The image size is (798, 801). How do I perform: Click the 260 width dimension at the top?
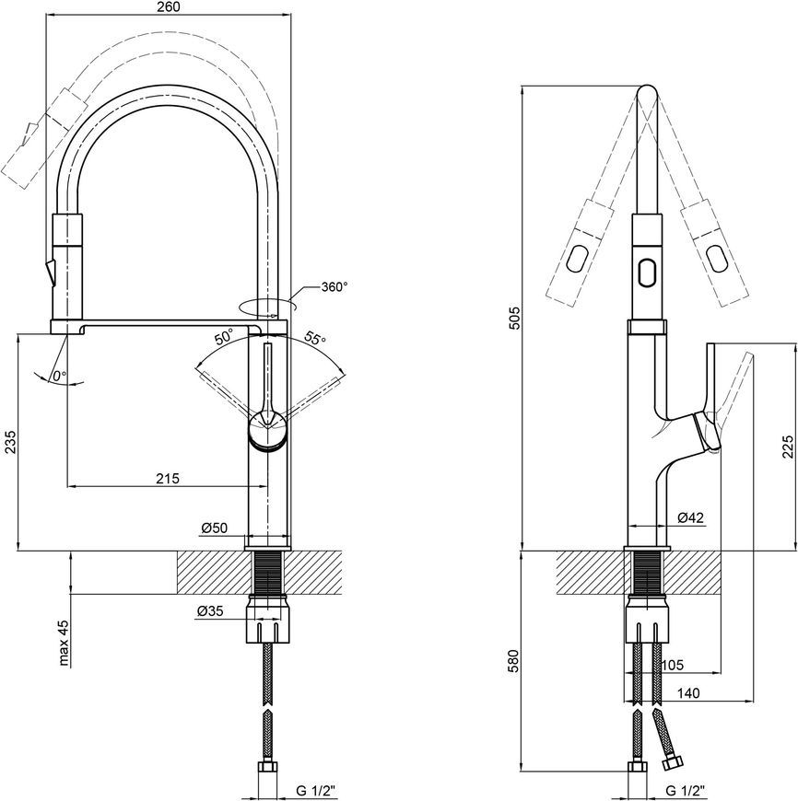pyautogui.click(x=169, y=6)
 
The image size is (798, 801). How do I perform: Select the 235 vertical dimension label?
pyautogui.click(x=10, y=442)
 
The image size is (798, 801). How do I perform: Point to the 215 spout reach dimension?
pyautogui.click(x=168, y=478)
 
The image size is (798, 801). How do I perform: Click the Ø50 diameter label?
pyautogui.click(x=214, y=528)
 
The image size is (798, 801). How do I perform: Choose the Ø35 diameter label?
pyautogui.click(x=210, y=610)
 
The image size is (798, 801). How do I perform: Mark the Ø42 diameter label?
pyautogui.click(x=690, y=517)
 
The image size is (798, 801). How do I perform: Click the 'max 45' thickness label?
pyautogui.click(x=64, y=644)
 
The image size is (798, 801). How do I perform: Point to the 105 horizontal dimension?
pyautogui.click(x=672, y=665)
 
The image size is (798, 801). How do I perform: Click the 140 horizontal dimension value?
pyautogui.click(x=688, y=693)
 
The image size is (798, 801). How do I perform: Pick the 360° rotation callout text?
pyautogui.click(x=334, y=287)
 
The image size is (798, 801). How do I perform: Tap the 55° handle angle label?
pyautogui.click(x=316, y=338)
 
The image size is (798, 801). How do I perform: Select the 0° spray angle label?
pyautogui.click(x=59, y=376)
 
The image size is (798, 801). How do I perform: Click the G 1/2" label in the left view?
pyautogui.click(x=316, y=791)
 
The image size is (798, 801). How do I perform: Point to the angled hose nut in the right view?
pyautogui.click(x=672, y=763)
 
